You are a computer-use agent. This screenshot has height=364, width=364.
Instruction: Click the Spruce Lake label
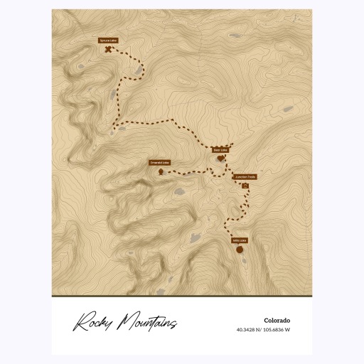(x=108, y=41)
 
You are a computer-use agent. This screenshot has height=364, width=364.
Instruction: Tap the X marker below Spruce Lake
(x=108, y=50)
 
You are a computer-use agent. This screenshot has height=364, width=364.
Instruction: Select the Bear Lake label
(x=220, y=150)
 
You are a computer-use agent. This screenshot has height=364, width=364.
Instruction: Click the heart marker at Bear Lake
(x=220, y=159)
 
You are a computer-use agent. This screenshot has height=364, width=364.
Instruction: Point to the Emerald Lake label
(x=159, y=163)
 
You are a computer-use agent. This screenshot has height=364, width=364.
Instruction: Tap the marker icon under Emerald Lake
(x=161, y=171)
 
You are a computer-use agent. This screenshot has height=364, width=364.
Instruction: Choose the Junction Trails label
(x=245, y=177)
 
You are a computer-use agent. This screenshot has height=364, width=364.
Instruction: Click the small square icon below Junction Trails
(x=245, y=186)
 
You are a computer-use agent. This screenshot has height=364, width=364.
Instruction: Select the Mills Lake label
(x=239, y=240)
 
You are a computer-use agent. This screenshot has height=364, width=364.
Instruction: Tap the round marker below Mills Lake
(x=240, y=250)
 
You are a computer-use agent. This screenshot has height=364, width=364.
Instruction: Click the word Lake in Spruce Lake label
(x=112, y=41)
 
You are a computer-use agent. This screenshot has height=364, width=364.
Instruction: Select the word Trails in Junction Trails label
(x=250, y=177)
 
